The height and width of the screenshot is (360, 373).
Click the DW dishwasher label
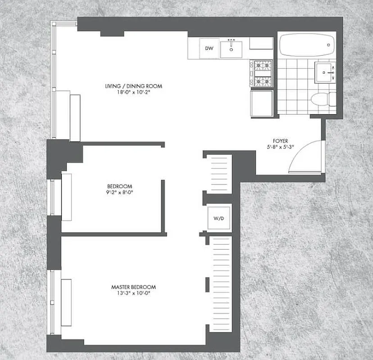pos(209,48)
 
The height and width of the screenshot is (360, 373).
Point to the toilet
pos(323,99)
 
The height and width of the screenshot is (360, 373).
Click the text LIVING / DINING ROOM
pos(133,86)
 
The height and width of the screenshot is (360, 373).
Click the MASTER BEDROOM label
pos(133,287)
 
